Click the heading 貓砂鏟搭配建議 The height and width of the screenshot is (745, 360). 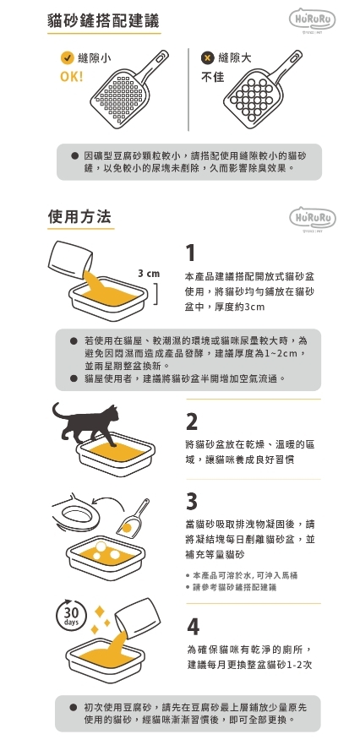[x=104, y=20]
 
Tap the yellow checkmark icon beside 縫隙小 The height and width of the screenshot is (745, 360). [x=67, y=58]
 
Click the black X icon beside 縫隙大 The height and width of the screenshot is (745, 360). [x=207, y=58]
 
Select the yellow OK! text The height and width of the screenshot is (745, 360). [x=71, y=77]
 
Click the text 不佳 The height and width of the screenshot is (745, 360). [x=213, y=77]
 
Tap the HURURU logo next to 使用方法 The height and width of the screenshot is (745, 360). [x=313, y=218]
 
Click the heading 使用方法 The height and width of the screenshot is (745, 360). [x=80, y=216]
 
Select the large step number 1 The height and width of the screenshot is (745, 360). [x=190, y=253]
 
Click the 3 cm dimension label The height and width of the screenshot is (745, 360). [x=149, y=274]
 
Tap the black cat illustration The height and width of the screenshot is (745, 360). [x=86, y=423]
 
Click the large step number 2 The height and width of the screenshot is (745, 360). [x=191, y=421]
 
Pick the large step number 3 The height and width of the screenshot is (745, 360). [x=191, y=501]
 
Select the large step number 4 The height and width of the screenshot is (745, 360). [x=193, y=627]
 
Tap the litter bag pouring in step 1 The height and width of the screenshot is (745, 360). [x=71, y=261]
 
